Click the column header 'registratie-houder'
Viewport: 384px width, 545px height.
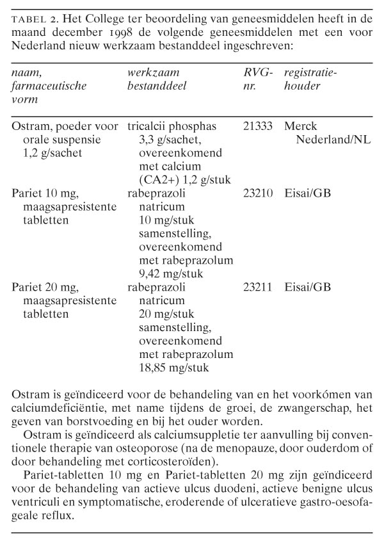coord(310,80)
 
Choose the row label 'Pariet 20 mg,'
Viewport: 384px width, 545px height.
coord(44,288)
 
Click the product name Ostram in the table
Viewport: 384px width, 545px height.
coord(29,127)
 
